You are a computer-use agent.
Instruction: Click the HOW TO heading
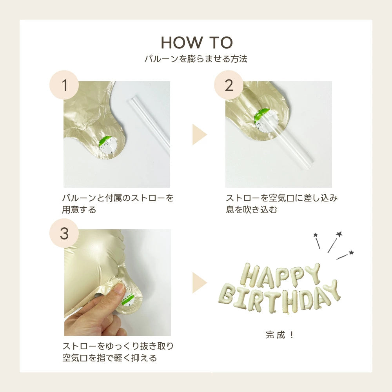[197, 42]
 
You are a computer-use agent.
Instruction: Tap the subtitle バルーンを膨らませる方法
[196, 59]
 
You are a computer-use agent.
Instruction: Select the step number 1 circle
[64, 85]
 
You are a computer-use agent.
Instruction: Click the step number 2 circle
[229, 85]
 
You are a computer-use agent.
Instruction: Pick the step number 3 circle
[64, 233]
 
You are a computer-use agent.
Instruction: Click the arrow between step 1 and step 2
[199, 134]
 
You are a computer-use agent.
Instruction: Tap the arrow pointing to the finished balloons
[199, 283]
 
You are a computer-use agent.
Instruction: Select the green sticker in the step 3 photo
[128, 299]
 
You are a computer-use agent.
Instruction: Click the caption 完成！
[279, 335]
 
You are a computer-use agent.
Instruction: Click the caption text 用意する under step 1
[79, 209]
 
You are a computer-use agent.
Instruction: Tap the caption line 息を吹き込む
[252, 209]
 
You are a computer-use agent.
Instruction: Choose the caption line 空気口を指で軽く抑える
[109, 358]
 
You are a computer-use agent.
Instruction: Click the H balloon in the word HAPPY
[250, 275]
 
